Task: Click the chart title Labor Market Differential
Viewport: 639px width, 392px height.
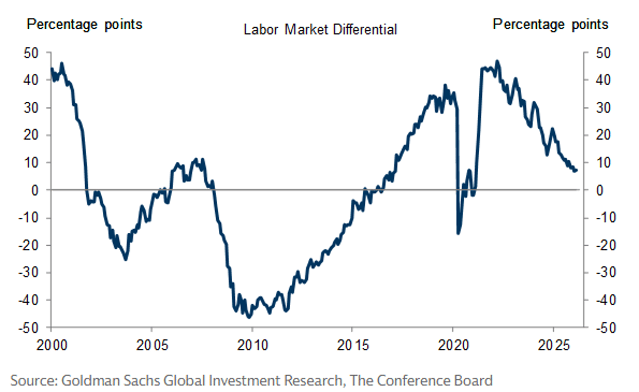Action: (320, 29)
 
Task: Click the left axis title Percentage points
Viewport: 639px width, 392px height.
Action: (85, 24)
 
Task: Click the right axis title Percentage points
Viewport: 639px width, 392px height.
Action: (550, 24)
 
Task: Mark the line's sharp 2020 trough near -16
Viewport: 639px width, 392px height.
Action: (458, 233)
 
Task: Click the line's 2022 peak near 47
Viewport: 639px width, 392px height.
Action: (497, 61)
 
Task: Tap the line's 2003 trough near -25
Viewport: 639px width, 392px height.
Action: (126, 259)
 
